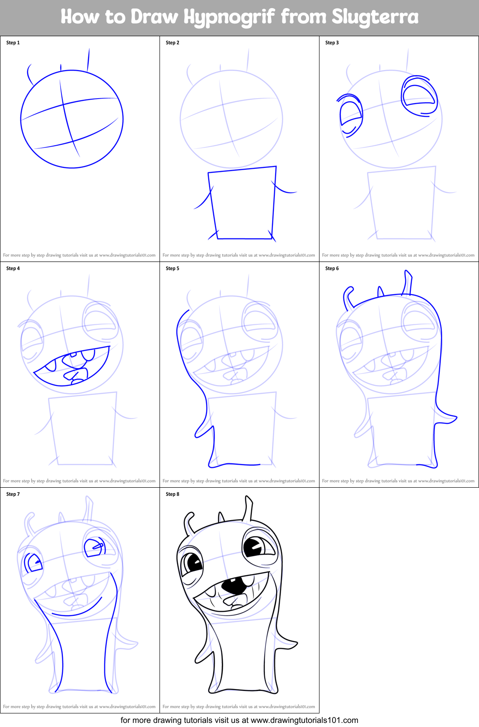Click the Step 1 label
click(13, 43)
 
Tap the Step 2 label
click(173, 43)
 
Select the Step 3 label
click(332, 43)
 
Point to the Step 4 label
click(13, 268)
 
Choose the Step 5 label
click(173, 268)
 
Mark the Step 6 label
click(332, 268)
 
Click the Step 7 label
click(13, 494)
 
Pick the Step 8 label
click(173, 494)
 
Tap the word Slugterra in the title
click(375, 17)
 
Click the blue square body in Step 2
click(242, 204)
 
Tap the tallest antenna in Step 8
click(248, 508)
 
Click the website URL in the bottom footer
click(304, 720)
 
